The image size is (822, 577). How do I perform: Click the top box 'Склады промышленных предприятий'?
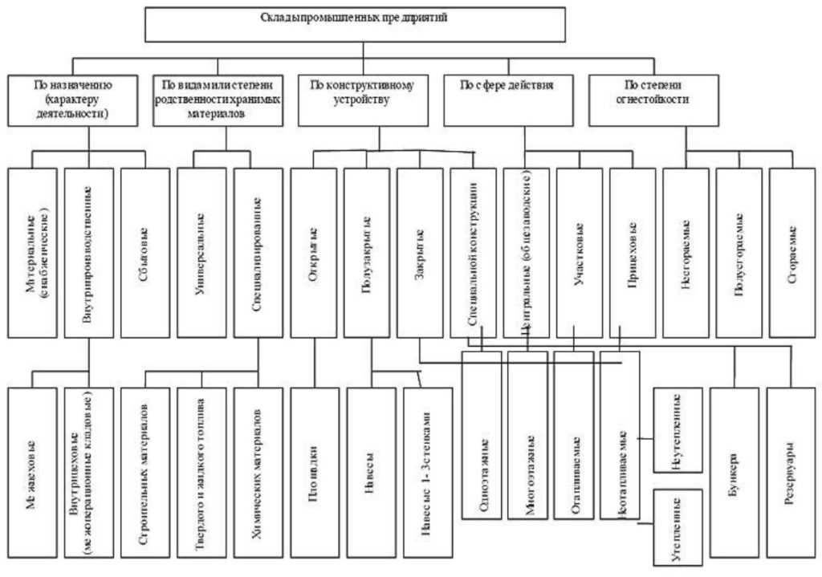(x=354, y=24)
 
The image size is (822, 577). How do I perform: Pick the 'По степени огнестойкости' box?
(x=653, y=100)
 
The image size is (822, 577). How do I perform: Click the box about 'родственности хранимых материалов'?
(x=218, y=100)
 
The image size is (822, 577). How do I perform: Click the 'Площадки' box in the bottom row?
(x=314, y=472)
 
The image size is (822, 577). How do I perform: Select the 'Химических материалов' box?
(x=258, y=472)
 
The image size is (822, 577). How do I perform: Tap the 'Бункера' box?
(x=734, y=472)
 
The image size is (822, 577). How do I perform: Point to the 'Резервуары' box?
(x=790, y=472)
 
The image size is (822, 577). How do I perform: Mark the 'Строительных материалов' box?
(x=145, y=472)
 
